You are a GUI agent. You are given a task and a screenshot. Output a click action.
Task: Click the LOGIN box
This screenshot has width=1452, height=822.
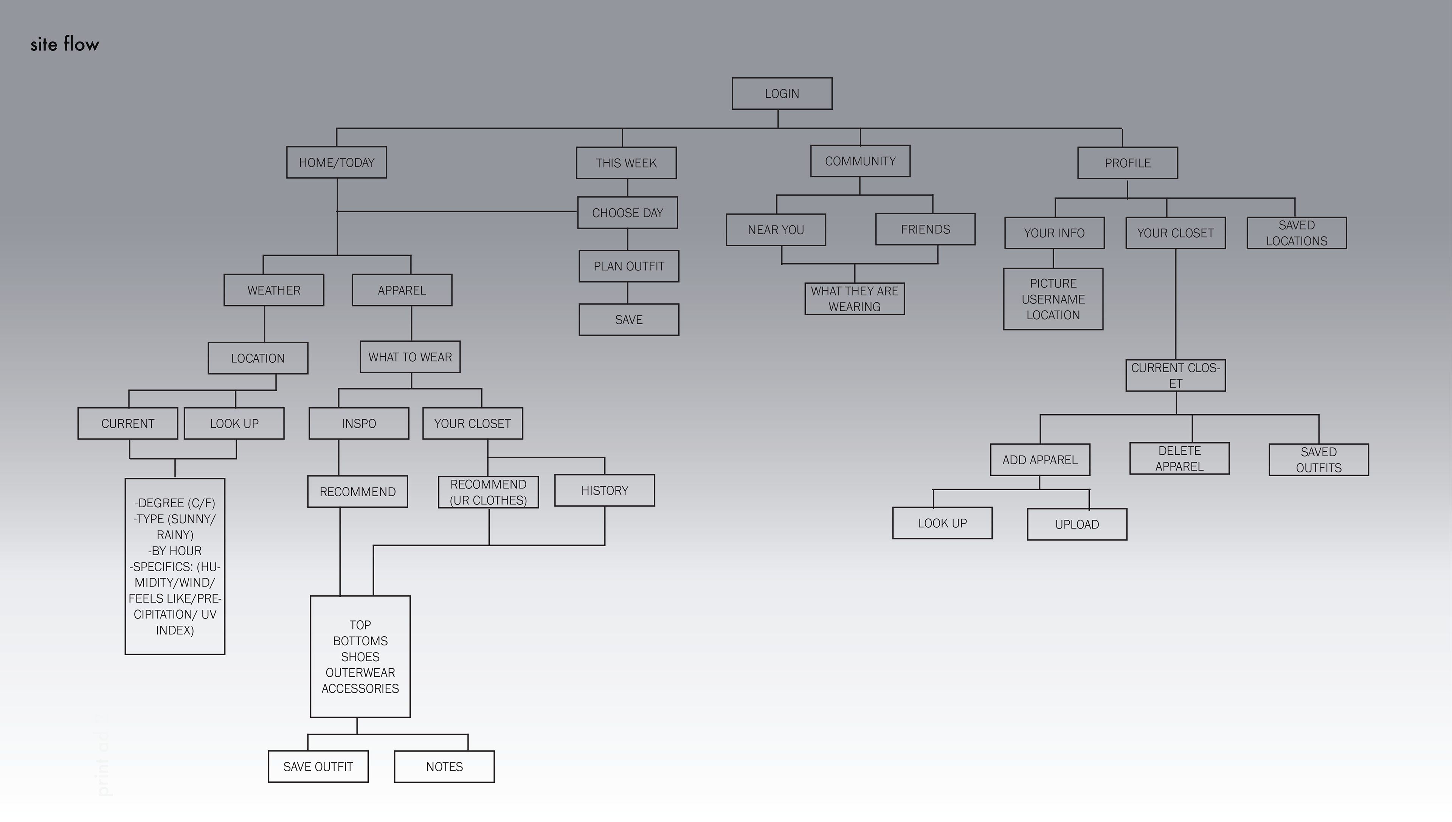click(782, 94)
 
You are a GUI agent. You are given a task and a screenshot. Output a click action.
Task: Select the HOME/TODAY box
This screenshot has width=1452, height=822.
click(336, 163)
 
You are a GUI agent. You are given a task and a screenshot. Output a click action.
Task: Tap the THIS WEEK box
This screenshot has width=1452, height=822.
click(626, 163)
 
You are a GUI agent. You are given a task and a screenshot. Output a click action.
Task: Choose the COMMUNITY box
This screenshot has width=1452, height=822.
click(860, 162)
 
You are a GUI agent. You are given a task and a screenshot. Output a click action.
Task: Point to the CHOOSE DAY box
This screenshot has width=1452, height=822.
click(627, 213)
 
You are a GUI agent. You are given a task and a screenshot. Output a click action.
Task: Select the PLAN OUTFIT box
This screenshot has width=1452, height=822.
click(629, 266)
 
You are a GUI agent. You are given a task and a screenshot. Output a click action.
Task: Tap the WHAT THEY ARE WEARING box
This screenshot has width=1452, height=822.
click(855, 299)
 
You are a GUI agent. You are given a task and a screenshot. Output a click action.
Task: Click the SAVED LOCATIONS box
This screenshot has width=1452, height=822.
click(1296, 233)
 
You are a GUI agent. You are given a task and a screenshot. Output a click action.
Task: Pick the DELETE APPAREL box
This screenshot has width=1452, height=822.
click(1179, 458)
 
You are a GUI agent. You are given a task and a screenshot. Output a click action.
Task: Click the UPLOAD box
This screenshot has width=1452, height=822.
click(1077, 524)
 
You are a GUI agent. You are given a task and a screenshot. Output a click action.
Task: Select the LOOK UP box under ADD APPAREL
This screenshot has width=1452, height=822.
click(942, 523)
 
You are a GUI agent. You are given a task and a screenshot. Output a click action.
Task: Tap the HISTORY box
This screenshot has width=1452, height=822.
click(604, 491)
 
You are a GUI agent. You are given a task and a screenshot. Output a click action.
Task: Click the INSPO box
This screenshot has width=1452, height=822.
click(358, 423)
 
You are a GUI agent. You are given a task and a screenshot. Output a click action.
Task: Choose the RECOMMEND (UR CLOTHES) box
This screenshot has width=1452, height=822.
click(488, 492)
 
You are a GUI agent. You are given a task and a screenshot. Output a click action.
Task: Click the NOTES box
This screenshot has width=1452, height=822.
click(444, 767)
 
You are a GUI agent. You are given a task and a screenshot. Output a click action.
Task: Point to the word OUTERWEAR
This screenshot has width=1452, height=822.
click(360, 673)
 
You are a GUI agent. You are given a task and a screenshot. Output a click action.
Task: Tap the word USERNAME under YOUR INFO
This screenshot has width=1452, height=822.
click(1053, 299)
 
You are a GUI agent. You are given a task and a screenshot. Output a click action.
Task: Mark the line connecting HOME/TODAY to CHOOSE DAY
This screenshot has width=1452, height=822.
click(457, 211)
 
